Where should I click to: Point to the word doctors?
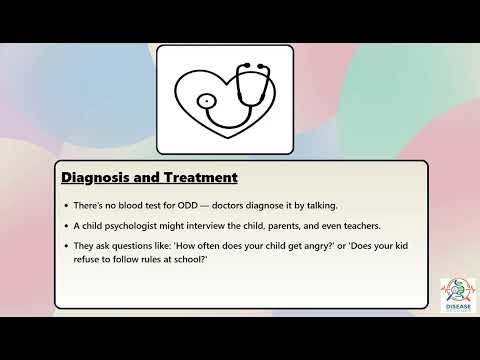click(x=223, y=206)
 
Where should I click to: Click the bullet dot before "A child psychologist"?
click(x=67, y=227)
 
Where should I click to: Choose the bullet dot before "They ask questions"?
click(x=67, y=247)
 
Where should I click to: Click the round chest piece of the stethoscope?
click(x=205, y=101)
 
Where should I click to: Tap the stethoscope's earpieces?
click(x=255, y=69)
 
